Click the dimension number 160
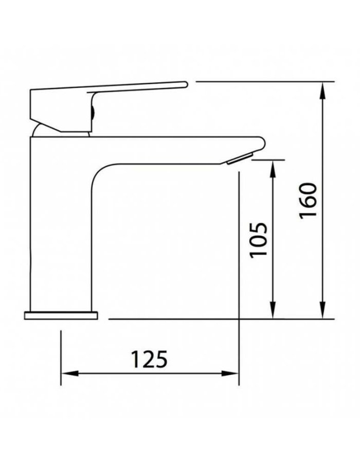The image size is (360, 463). [308, 201]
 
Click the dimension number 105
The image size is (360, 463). [259, 241]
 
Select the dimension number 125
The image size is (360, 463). [149, 360]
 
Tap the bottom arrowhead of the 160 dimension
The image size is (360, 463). [323, 310]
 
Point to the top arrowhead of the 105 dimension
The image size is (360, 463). [273, 169]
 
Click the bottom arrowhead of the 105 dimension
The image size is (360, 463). [273, 310]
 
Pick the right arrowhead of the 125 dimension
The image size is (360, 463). [230, 373]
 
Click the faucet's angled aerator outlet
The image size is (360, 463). [240, 158]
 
